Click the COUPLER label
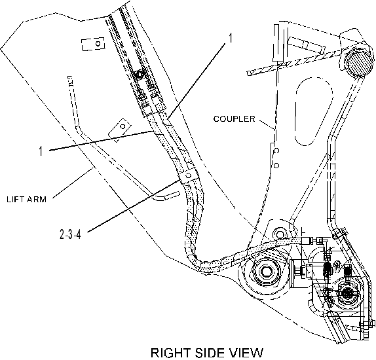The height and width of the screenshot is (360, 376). [x=234, y=119]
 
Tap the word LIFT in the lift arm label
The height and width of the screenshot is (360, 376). [x=14, y=199]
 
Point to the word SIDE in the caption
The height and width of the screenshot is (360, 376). [x=209, y=353]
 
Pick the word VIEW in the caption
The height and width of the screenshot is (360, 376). [x=246, y=353]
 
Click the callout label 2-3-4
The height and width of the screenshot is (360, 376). [x=70, y=234]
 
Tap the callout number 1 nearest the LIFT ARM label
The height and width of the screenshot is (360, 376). [x=41, y=151]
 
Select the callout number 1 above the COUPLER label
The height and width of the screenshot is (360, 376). [x=230, y=38]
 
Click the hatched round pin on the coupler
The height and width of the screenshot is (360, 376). [x=356, y=63]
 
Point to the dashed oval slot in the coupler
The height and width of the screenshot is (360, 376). [x=314, y=111]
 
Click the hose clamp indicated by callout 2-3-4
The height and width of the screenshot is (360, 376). [x=189, y=176]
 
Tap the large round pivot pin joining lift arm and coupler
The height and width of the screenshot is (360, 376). [x=265, y=272]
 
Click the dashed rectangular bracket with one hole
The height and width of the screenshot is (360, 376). [x=93, y=44]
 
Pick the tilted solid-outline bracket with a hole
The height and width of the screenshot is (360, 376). [x=120, y=130]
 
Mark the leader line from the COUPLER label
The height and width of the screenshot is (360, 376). [x=267, y=124]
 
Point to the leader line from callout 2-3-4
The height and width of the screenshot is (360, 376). [x=134, y=206]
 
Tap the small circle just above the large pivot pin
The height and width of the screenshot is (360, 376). [x=278, y=233]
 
